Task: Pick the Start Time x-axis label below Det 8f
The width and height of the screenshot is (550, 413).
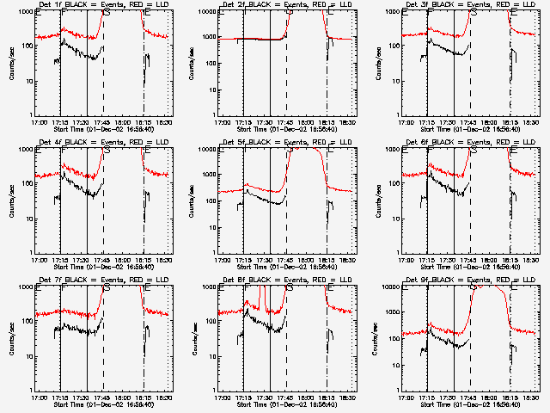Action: pyautogui.click(x=287, y=404)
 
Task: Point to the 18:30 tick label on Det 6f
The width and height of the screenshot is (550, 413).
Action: pyautogui.click(x=532, y=261)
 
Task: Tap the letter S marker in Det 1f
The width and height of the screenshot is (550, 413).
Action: pyautogui.click(x=107, y=13)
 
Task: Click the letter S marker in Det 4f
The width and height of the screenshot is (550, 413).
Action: pyautogui.click(x=107, y=151)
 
